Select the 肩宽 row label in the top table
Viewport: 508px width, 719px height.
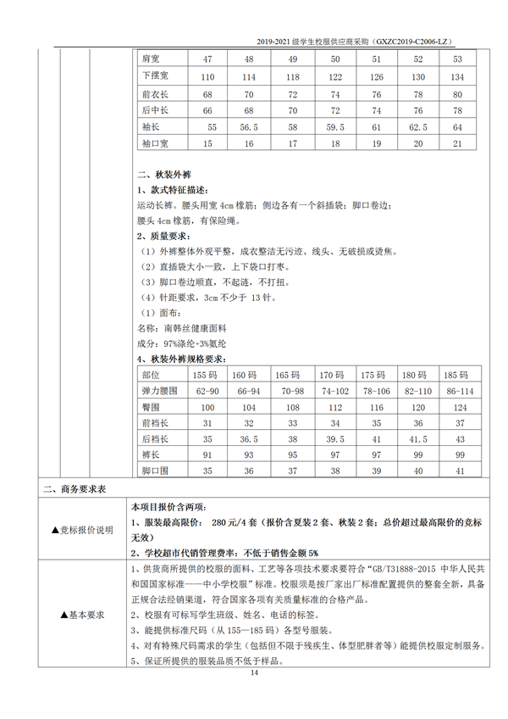click(152, 59)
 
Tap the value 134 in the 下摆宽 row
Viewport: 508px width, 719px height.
click(458, 76)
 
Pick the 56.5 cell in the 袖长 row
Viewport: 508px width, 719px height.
click(249, 126)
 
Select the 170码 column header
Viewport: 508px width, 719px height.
click(331, 375)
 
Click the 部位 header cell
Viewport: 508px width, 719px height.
click(152, 375)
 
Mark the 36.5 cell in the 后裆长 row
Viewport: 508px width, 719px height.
click(248, 439)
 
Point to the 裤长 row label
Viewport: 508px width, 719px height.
click(152, 454)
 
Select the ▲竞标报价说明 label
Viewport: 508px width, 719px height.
click(81, 530)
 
